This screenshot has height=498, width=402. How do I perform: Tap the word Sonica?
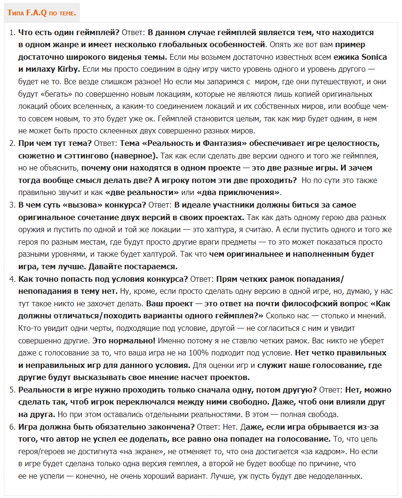(374, 57)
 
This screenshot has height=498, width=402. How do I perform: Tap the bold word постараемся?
(150, 266)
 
